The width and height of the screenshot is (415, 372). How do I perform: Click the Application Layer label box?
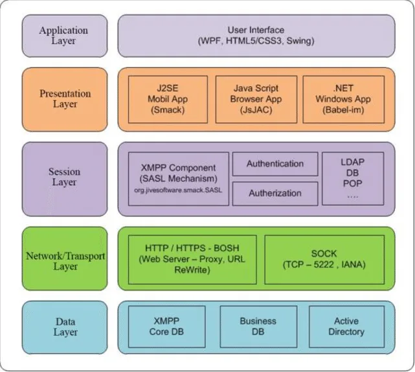click(x=65, y=36)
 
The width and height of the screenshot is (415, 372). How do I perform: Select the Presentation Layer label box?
click(x=65, y=100)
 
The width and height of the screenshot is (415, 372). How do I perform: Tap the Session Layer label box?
click(x=65, y=179)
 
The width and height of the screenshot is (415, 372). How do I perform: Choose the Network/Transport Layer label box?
click(x=65, y=259)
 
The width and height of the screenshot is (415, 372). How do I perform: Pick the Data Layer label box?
click(x=65, y=327)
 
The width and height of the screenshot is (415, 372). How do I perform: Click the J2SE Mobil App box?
click(x=168, y=100)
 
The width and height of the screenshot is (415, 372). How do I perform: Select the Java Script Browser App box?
click(x=256, y=100)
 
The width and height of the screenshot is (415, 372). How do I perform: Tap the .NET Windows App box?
click(x=344, y=100)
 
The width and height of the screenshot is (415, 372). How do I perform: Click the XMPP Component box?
click(x=179, y=179)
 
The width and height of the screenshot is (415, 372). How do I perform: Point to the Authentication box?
click(x=275, y=164)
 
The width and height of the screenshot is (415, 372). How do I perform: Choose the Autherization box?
click(x=275, y=193)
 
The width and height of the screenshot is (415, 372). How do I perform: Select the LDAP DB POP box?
click(x=353, y=179)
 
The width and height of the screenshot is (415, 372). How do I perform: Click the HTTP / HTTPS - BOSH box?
click(x=192, y=259)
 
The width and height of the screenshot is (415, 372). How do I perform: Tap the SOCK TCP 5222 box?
click(x=324, y=259)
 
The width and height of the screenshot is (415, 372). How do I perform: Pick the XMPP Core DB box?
click(x=167, y=327)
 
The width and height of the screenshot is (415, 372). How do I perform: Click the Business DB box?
click(x=258, y=327)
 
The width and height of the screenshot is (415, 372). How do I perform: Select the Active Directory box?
click(x=347, y=327)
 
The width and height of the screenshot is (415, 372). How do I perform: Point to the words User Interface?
click(x=256, y=30)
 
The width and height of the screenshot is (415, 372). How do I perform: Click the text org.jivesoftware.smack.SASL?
click(x=178, y=190)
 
